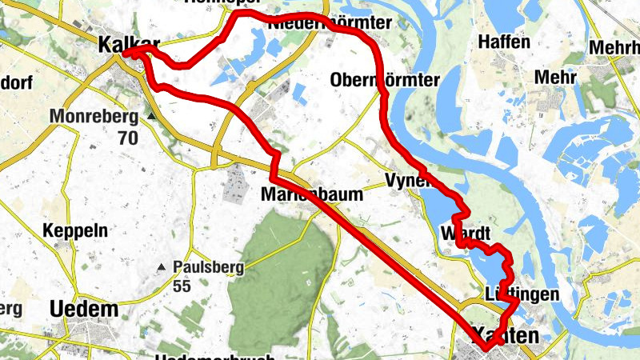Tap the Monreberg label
point(94,117)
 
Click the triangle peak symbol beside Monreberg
point(150,117)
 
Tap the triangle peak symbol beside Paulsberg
point(162,266)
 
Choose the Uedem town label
point(83,310)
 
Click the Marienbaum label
point(312,194)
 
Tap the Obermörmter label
point(385,80)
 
